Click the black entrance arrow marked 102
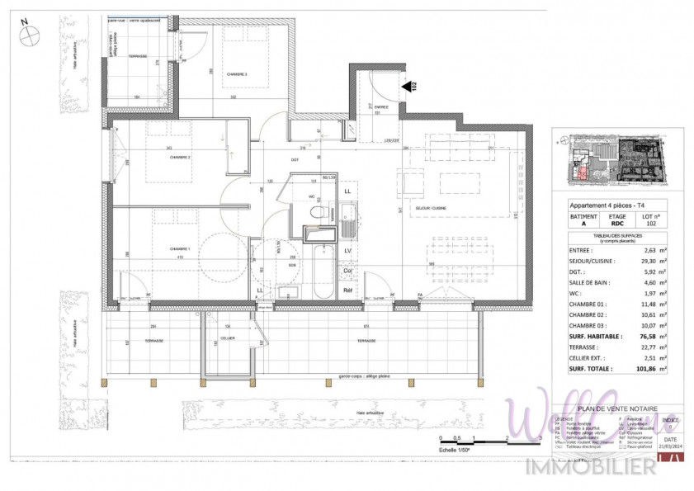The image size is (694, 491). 405,86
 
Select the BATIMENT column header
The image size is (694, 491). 583,216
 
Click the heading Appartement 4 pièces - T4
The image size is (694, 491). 607,205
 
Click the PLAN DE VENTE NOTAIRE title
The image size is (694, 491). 618,408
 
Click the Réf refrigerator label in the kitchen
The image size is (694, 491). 347,290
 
